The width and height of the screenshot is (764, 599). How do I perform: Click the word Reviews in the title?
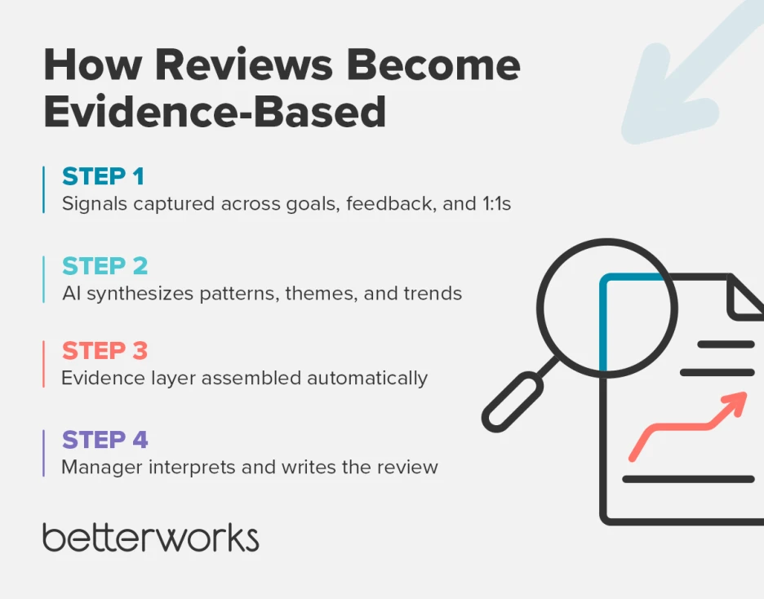tap(251, 66)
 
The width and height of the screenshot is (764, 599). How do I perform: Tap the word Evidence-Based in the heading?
tap(215, 112)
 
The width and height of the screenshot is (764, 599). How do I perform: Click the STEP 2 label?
tap(105, 266)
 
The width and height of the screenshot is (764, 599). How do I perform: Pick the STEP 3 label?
tap(105, 351)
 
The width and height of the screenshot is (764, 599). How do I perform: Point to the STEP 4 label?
tap(105, 440)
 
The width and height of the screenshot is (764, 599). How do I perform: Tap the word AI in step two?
tap(72, 293)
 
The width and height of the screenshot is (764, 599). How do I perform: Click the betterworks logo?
tap(151, 539)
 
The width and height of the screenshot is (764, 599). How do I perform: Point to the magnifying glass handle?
tap(513, 401)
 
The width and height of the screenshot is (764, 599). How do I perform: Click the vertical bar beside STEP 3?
tap(43, 364)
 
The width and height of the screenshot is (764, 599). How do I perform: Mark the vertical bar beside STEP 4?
tap(43, 453)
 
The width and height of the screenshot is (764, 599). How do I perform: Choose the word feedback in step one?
tap(390, 204)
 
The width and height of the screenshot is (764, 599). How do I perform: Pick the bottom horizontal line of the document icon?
tap(688, 479)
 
